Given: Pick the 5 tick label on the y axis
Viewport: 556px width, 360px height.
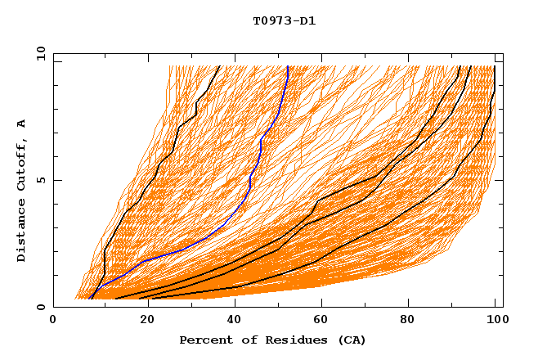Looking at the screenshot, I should [x=40, y=180].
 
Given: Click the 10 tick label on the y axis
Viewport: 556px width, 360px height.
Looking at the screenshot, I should [x=37, y=53].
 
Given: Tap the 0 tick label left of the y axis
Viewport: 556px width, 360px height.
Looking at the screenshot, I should [x=40, y=307].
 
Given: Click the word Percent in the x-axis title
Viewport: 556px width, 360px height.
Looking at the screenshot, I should [x=202, y=340].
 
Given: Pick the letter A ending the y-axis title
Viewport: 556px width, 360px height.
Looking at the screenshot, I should [x=21, y=123].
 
